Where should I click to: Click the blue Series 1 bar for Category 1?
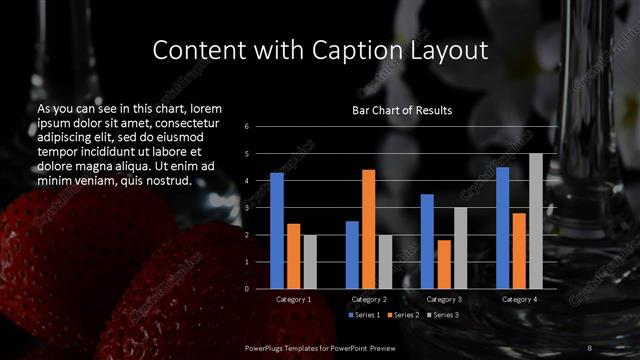click(277, 231)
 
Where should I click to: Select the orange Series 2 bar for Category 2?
click(368, 229)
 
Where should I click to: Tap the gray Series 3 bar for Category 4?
click(535, 221)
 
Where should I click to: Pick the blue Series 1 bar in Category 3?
click(427, 241)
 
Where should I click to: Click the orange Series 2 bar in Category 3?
click(443, 264)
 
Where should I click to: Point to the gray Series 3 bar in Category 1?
click(310, 262)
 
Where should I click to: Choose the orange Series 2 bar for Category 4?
click(519, 250)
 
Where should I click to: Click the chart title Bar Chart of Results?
click(402, 110)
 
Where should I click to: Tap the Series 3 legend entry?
click(443, 315)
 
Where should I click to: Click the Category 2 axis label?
click(369, 299)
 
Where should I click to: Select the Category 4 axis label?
click(518, 299)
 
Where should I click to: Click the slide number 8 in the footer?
click(590, 347)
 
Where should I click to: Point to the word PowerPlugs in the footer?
click(269, 347)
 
